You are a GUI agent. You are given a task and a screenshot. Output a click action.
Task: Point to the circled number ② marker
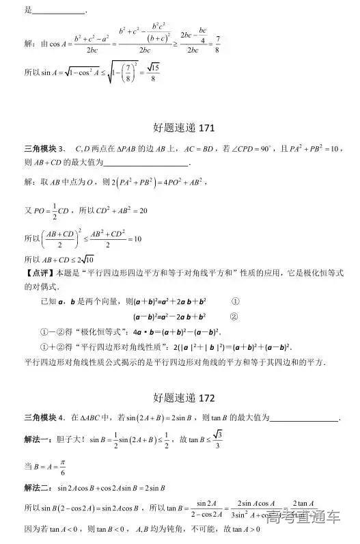(234, 316)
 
